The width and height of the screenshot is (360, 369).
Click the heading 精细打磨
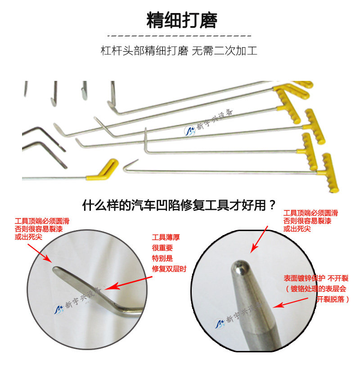coord(182,21)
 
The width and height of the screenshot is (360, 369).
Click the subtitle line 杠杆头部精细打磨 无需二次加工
coord(179,51)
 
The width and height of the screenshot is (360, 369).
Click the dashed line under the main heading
coord(179,36)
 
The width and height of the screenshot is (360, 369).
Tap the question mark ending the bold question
coord(272,205)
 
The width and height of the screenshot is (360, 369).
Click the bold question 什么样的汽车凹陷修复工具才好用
coord(175,205)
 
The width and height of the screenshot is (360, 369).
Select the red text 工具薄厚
coord(166,237)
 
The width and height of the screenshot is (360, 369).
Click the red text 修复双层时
coord(169,268)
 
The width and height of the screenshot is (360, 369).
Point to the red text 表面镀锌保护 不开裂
coord(316,278)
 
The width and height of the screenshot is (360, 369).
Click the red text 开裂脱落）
coord(333,299)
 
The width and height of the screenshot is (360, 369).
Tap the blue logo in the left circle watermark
coord(58,309)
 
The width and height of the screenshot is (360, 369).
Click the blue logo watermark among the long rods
coord(189,131)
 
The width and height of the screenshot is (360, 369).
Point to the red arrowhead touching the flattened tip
coord(48,258)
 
